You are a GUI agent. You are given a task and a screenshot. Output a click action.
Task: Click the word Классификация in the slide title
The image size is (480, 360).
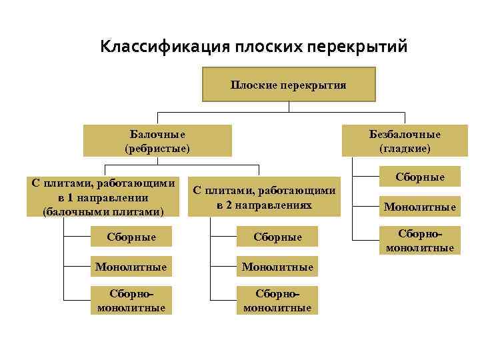[x=163, y=47]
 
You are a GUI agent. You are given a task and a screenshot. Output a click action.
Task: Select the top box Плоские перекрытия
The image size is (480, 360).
[x=289, y=84]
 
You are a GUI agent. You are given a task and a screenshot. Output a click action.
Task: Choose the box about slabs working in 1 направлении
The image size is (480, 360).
[x=103, y=197]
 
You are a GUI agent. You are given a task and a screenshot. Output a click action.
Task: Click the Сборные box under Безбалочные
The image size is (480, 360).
[x=419, y=177]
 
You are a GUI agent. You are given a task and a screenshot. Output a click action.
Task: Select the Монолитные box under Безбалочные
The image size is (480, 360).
[x=419, y=207]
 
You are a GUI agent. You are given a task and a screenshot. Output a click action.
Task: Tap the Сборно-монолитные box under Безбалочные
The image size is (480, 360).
[x=419, y=241]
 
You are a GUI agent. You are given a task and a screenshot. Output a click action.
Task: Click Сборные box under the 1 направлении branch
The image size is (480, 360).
[x=131, y=237]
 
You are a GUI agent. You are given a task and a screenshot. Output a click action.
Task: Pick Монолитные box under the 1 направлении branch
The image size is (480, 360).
[x=131, y=267]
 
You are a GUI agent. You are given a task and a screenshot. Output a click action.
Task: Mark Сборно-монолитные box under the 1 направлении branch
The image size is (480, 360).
[x=131, y=300]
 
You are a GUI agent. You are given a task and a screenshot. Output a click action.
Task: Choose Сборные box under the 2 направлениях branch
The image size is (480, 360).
[x=277, y=237]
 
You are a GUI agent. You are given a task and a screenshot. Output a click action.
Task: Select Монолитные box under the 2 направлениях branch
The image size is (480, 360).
[x=277, y=267]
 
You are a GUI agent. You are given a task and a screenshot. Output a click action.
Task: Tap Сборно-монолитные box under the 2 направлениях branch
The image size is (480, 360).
[x=277, y=300]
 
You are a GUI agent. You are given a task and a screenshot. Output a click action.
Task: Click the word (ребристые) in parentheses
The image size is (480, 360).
[x=157, y=148]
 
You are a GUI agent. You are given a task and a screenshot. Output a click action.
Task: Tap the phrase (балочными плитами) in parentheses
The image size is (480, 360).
[x=103, y=211]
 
